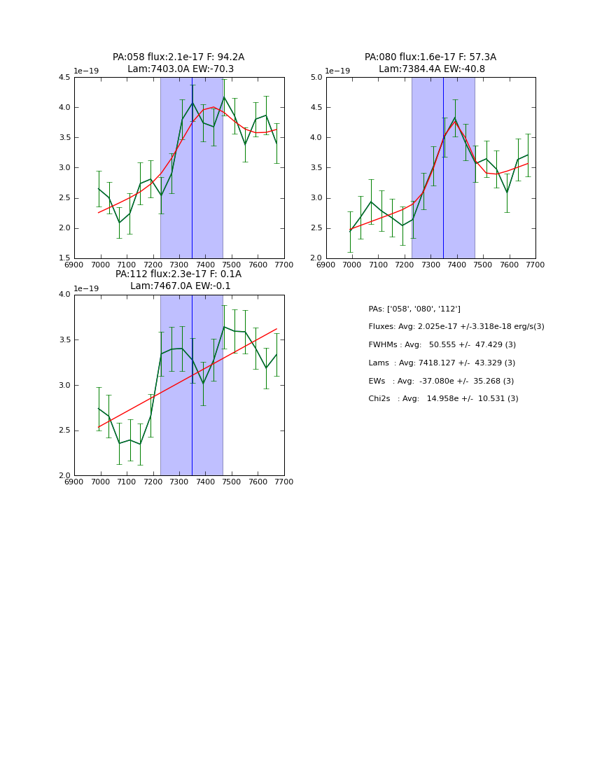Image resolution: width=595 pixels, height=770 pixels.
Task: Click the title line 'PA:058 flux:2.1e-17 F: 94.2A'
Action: click(x=178, y=57)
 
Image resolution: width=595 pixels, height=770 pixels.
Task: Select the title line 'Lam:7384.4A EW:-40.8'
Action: click(x=431, y=69)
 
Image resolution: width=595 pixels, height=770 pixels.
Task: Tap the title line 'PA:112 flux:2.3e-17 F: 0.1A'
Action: click(x=178, y=274)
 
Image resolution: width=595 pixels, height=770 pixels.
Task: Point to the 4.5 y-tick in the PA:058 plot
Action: click(x=64, y=78)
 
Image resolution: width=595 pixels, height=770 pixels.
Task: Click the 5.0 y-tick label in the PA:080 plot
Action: click(x=316, y=78)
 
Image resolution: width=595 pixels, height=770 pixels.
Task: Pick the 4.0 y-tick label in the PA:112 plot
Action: click(x=64, y=295)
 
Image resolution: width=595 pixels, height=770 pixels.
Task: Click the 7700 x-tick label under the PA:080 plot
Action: click(x=535, y=265)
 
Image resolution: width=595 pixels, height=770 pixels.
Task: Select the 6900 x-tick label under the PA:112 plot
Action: click(x=74, y=482)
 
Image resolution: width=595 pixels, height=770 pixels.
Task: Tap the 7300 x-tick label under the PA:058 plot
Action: click(x=179, y=265)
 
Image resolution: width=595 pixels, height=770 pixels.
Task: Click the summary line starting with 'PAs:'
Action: click(x=414, y=309)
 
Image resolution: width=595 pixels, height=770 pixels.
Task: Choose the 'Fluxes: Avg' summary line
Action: click(x=456, y=327)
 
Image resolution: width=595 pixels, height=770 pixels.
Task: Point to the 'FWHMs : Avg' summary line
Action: click(x=442, y=345)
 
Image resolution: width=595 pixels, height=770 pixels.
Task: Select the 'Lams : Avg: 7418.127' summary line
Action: click(x=442, y=363)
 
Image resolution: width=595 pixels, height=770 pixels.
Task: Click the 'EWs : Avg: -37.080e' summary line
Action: click(x=441, y=381)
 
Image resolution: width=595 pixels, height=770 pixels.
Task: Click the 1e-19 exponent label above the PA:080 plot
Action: click(x=337, y=71)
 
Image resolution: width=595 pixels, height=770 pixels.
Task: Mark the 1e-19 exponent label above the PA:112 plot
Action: click(x=85, y=288)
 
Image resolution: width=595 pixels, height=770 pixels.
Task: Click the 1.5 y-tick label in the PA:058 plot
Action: click(x=64, y=258)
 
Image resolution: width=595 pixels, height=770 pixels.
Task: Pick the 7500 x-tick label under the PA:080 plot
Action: click(x=483, y=265)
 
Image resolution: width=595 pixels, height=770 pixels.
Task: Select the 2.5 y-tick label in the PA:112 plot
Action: click(x=64, y=430)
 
